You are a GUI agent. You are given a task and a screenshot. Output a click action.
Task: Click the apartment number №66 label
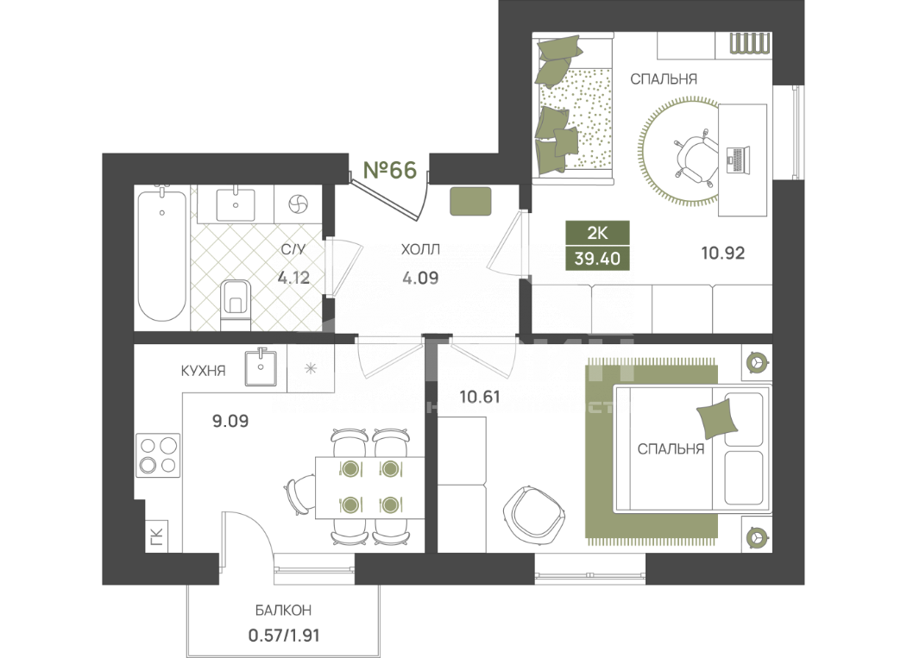tap(390, 169)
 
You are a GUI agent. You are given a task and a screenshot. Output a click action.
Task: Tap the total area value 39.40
tap(597, 257)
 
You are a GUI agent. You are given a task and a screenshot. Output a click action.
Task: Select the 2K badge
tap(597, 232)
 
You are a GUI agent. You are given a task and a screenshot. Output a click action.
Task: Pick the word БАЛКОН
tap(283, 611)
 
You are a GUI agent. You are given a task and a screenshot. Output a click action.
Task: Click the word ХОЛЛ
tap(420, 250)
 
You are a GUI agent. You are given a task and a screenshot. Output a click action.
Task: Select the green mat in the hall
tap(471, 201)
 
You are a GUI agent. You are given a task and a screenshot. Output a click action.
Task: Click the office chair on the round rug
tap(696, 159)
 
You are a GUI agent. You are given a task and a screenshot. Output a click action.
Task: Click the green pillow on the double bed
tap(719, 418)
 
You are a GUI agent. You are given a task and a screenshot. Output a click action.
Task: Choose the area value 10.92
tap(721, 254)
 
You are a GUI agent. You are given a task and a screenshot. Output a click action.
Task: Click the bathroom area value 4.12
tap(293, 278)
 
